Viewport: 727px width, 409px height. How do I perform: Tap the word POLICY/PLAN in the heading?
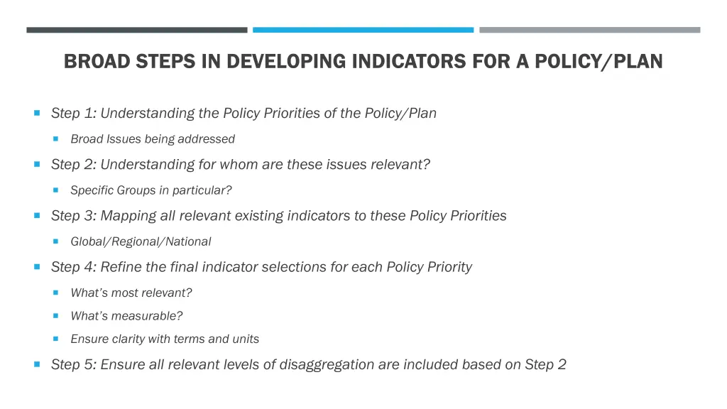598,62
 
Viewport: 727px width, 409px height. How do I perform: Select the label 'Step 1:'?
74,114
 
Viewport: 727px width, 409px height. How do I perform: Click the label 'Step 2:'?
74,165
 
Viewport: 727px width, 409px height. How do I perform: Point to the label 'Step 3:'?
74,216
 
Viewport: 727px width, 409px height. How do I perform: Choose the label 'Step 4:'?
74,267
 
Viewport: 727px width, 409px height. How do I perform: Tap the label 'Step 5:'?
74,365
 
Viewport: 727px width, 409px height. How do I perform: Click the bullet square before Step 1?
37,113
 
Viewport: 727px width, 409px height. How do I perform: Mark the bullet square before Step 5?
37,364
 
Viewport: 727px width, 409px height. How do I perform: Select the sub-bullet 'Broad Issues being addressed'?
153,139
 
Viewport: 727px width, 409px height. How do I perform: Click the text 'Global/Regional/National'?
141,241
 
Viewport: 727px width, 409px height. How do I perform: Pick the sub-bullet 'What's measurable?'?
126,316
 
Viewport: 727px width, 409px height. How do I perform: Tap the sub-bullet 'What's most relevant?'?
131,293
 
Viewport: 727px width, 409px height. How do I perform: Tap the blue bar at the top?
363,30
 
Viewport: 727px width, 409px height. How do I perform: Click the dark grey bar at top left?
137,30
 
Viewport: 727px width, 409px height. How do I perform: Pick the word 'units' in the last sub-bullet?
246,339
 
